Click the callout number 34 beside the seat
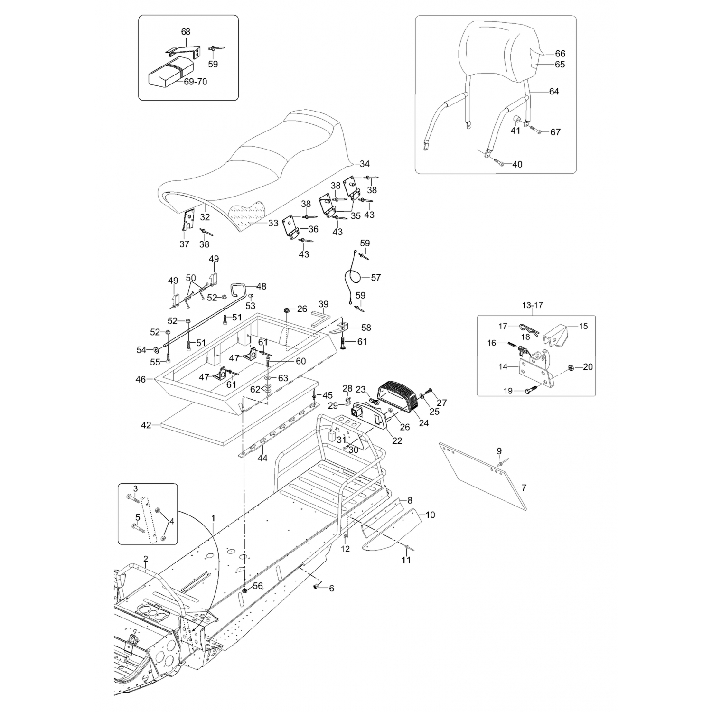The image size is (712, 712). click(x=364, y=164)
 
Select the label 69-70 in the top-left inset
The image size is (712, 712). click(x=195, y=82)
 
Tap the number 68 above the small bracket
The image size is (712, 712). click(x=186, y=32)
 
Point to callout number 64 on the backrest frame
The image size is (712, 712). click(x=554, y=91)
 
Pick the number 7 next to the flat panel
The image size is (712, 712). click(x=524, y=487)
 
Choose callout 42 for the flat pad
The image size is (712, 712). click(x=146, y=425)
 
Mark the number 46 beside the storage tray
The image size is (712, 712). click(x=141, y=379)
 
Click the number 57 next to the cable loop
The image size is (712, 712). click(x=375, y=277)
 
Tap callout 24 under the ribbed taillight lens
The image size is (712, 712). click(x=423, y=422)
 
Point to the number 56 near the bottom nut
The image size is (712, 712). click(x=257, y=586)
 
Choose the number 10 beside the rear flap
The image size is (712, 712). click(x=430, y=515)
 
